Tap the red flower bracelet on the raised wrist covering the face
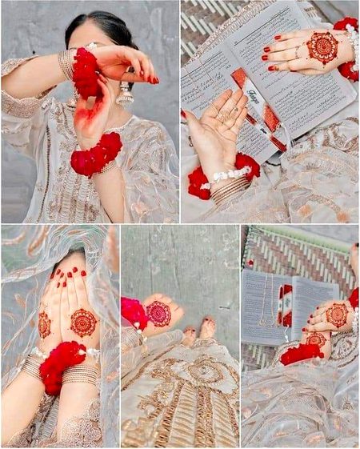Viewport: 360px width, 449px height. click(x=85, y=73)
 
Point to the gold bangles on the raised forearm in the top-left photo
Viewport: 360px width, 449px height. click(x=66, y=64)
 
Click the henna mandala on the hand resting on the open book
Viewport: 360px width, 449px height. click(x=322, y=48)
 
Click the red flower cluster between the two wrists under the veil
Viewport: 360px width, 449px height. click(x=62, y=364)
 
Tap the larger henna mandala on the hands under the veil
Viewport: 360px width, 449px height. click(x=83, y=322)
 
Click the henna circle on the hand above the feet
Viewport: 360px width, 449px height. click(x=158, y=313)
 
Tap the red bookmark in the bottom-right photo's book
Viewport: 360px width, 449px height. click(x=286, y=309)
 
